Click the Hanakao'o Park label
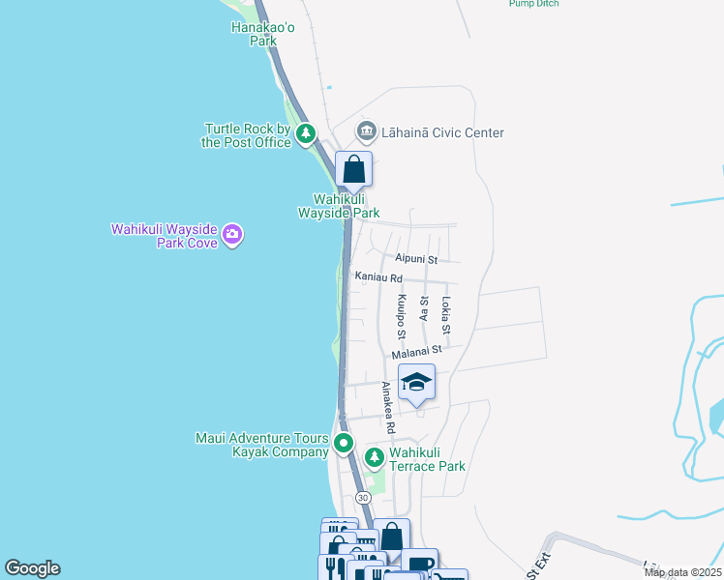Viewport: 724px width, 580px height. point(256,35)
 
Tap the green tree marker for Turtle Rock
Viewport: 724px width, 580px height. point(306,133)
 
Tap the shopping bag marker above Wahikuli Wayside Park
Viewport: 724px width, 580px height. point(354,169)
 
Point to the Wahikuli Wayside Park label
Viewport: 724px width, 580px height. point(338,206)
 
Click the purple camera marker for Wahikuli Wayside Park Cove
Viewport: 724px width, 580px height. point(231,234)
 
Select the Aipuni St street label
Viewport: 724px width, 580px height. point(416,259)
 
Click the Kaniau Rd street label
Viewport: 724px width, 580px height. point(377,277)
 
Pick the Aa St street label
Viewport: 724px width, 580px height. point(424,308)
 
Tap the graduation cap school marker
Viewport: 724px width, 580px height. point(416,382)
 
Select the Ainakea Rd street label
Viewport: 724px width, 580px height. point(388,407)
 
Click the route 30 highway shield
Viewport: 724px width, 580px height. point(363,497)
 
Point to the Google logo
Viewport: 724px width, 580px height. point(32,568)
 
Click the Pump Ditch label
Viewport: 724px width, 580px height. point(533,4)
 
